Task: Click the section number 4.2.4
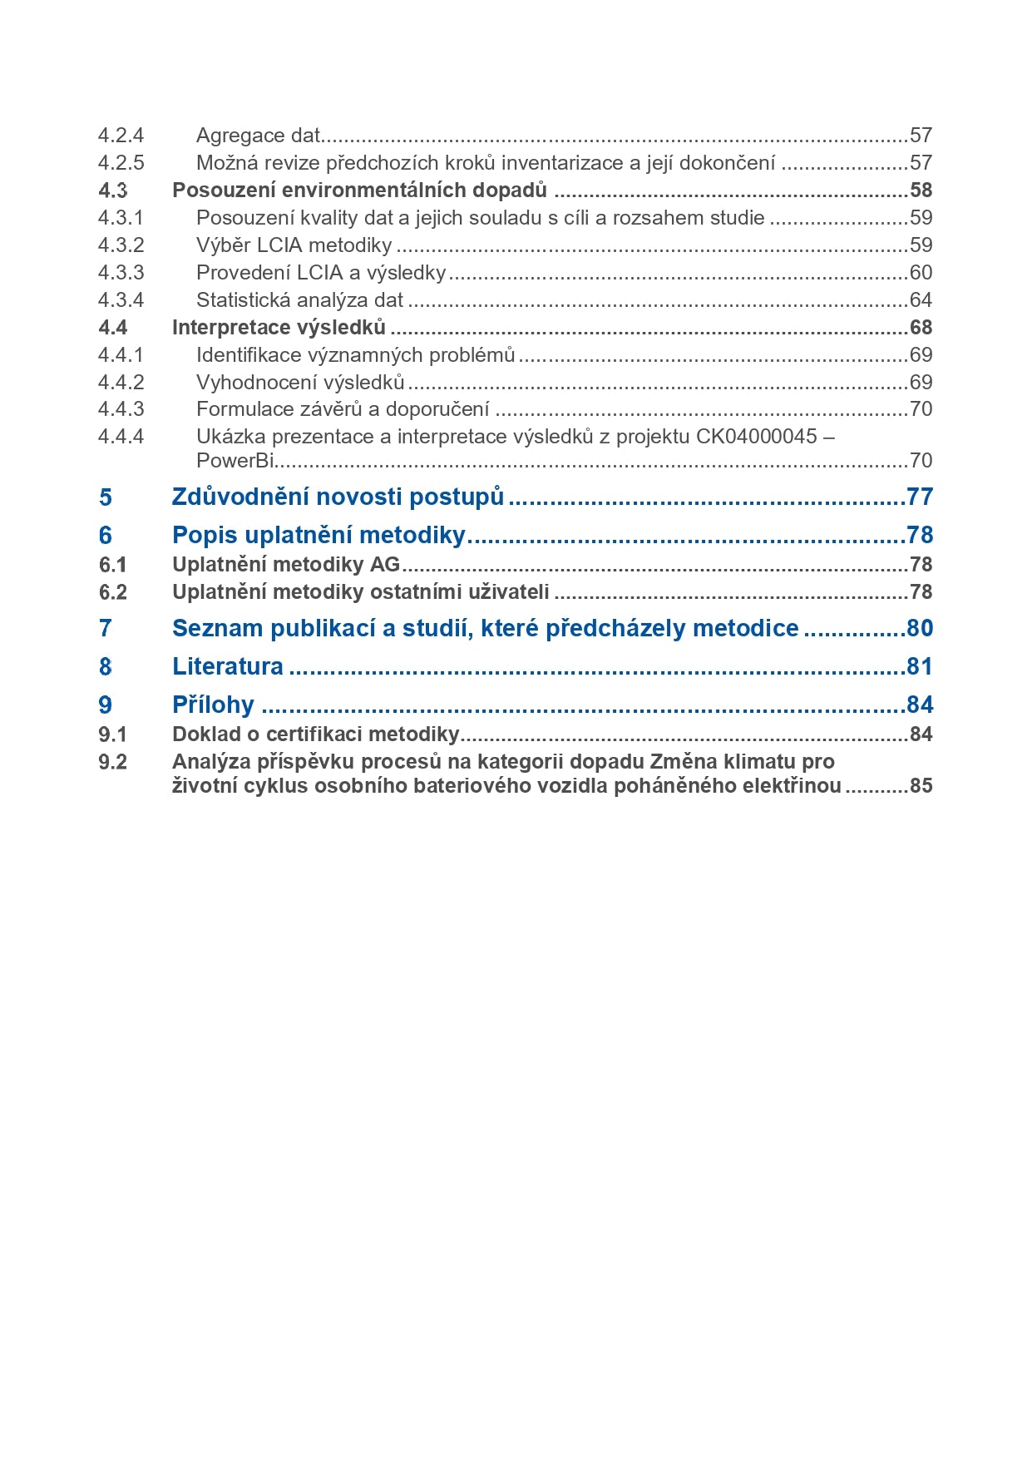[121, 136]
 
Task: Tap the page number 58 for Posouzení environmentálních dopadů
[921, 190]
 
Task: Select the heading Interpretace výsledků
[279, 328]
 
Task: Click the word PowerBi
[235, 461]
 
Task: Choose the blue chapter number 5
[106, 497]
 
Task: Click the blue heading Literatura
[228, 667]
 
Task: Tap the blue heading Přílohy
[213, 705]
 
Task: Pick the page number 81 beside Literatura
[920, 667]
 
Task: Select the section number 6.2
[113, 592]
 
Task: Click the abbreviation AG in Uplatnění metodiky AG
[385, 565]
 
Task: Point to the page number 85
[921, 786]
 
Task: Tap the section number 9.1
[113, 734]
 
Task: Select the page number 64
[921, 300]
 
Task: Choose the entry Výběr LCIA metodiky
[294, 245]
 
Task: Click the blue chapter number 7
[106, 629]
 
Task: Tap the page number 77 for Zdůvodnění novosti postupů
[920, 497]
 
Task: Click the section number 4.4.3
[121, 409]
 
